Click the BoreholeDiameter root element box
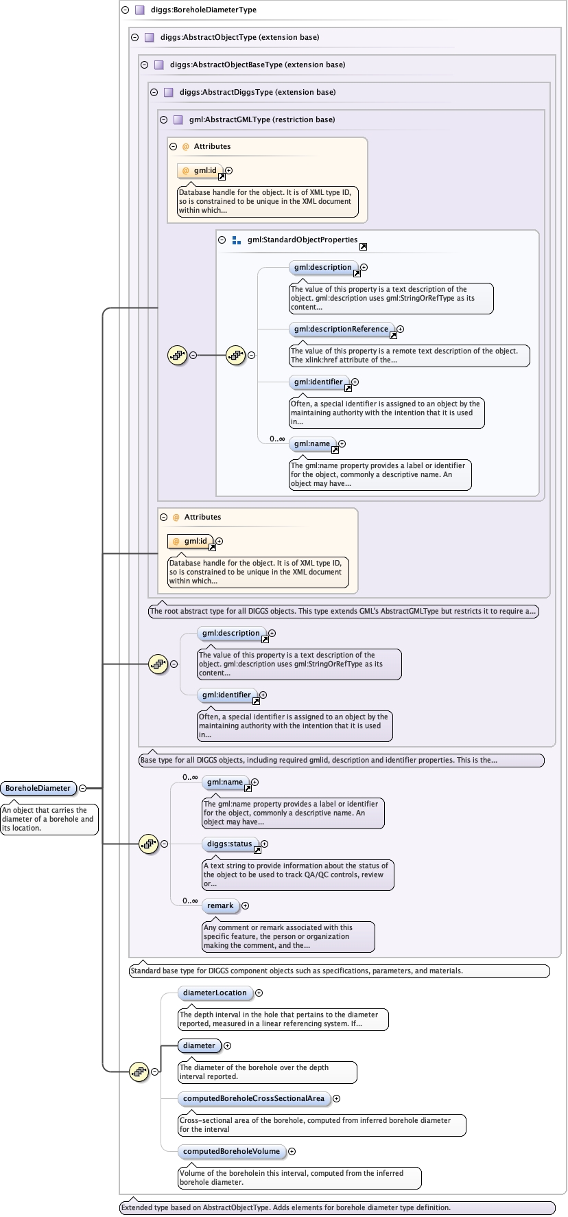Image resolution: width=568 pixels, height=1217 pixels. coord(38,788)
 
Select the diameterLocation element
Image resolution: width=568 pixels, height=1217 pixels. coord(215,993)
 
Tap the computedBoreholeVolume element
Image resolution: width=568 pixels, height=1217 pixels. coord(231,1151)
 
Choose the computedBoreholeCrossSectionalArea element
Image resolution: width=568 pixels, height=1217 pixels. coord(253,1098)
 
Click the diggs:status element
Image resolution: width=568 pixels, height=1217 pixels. coord(230,844)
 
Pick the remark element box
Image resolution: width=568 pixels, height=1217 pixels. coord(220,905)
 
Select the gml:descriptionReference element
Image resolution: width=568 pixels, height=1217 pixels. coord(341,329)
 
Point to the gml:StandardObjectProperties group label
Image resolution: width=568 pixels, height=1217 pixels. coord(303,240)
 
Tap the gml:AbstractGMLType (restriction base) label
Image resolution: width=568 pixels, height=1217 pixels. coord(262,119)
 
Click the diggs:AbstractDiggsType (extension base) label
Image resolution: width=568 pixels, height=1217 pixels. coord(257,92)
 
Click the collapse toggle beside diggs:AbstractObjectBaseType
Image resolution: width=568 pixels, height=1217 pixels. coord(145,65)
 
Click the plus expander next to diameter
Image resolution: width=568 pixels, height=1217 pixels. coord(227,1045)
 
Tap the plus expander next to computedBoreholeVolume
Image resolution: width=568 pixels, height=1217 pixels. coord(292,1151)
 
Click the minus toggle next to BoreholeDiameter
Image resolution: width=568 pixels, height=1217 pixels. coord(82,788)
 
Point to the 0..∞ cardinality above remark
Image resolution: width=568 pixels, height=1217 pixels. coord(190,901)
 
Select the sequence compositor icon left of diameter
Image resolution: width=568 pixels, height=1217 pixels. coord(139,1071)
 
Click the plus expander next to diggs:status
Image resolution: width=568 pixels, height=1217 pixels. coord(264,844)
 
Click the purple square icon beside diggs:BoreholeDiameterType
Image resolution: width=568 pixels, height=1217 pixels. coord(139,10)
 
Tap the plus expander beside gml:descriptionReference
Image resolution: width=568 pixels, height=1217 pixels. coord(400,329)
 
